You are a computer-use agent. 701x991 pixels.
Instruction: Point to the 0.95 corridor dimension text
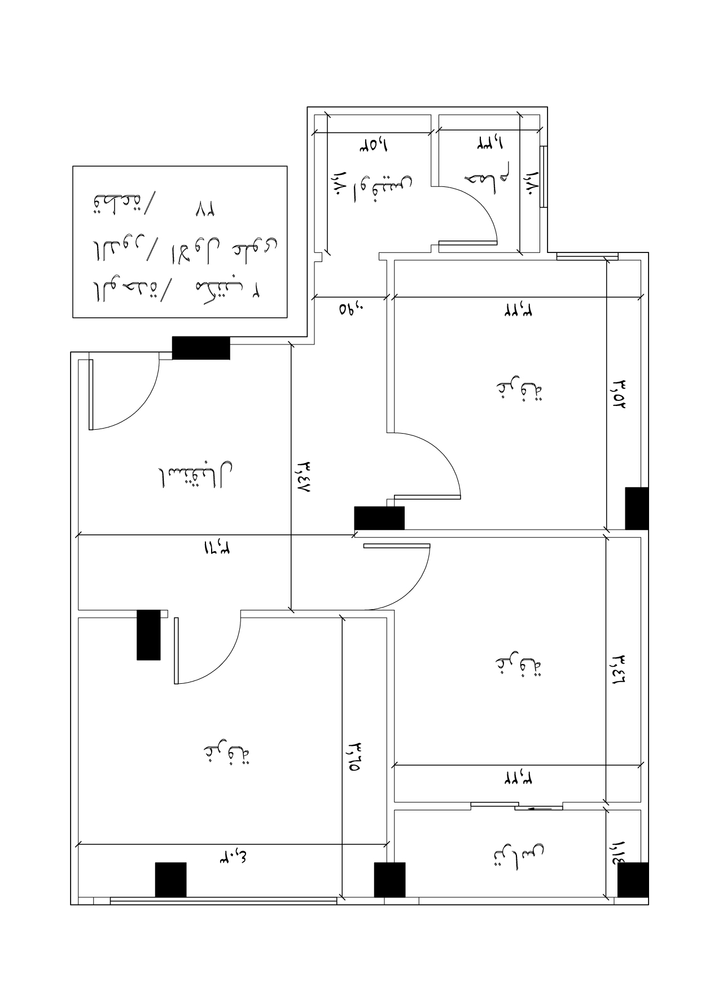click(x=352, y=309)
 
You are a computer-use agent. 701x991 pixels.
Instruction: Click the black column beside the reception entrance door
click(x=201, y=348)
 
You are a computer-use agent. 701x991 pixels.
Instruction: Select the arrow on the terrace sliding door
click(x=539, y=808)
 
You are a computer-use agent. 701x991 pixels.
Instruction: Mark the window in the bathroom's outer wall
click(x=543, y=177)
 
